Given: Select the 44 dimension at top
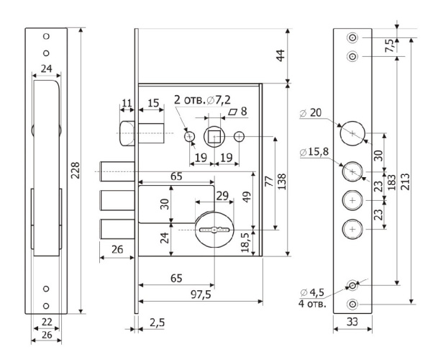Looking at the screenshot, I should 292,55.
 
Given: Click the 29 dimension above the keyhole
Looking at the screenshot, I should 222,196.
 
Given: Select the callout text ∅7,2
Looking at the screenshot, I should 221,101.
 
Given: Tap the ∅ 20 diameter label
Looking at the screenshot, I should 314,112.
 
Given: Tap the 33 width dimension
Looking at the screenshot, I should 352,322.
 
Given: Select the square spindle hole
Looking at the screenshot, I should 214,136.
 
